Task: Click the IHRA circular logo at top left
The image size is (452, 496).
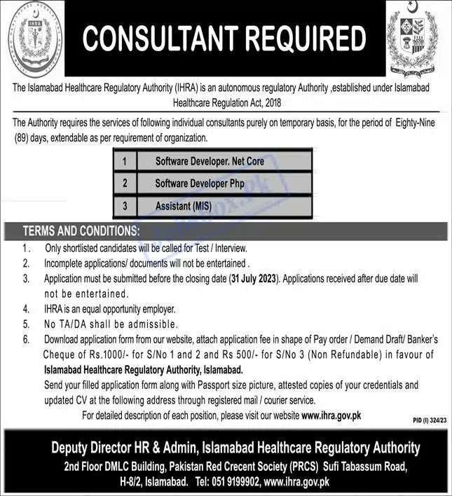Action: tap(32, 37)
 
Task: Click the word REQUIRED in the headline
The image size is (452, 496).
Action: tap(306, 39)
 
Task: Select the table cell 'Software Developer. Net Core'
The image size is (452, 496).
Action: tap(210, 161)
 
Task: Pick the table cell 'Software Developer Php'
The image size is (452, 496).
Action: tap(199, 184)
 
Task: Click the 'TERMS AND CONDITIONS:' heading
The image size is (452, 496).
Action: tap(81, 230)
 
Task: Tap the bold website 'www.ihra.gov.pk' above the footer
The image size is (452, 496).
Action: tap(331, 415)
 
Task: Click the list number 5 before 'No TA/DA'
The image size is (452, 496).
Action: tap(26, 324)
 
